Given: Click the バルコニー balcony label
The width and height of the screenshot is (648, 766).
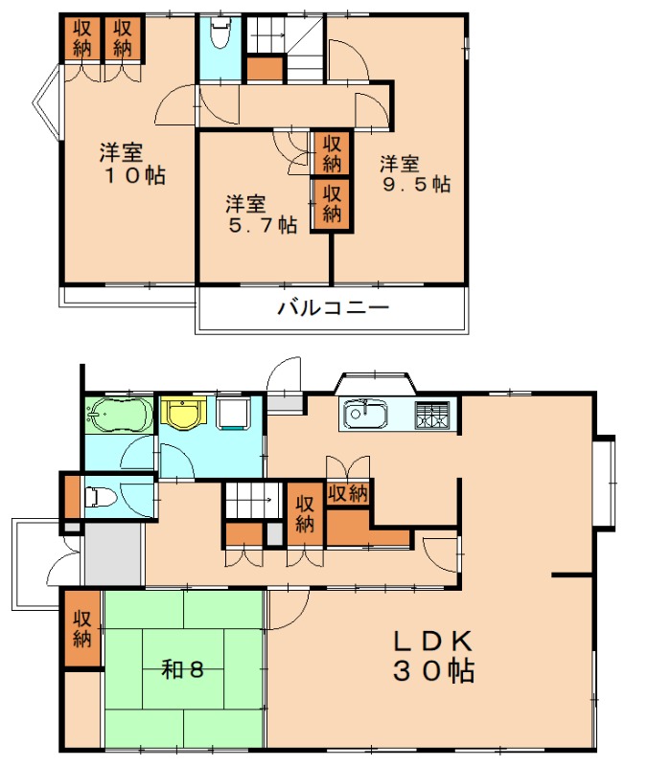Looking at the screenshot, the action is click(333, 307).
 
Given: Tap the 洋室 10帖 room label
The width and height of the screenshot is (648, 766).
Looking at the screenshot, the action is click(132, 164).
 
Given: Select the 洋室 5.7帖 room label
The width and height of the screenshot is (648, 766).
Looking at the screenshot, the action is click(261, 214).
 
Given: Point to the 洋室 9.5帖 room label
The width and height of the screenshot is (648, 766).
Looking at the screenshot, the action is click(415, 174).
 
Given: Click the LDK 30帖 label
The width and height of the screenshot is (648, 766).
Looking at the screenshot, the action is click(434, 656).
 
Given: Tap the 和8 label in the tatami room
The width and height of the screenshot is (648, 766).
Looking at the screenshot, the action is click(182, 669).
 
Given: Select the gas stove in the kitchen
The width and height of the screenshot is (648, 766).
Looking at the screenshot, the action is click(432, 416).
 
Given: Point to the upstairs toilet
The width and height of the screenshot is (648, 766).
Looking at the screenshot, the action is click(221, 34).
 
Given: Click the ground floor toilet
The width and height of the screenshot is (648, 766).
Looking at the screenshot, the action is click(101, 497).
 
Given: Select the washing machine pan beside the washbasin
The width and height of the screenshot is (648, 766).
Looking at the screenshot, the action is click(234, 414).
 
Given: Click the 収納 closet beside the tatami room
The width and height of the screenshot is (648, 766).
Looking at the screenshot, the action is click(82, 629).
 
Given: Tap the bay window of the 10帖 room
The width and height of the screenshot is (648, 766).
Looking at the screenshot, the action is click(47, 103).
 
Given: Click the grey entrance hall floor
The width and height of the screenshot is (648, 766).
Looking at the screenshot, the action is click(114, 553).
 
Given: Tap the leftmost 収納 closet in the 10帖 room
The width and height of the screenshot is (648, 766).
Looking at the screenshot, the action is click(82, 38).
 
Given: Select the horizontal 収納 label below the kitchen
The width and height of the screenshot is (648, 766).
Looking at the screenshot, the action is click(348, 493).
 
